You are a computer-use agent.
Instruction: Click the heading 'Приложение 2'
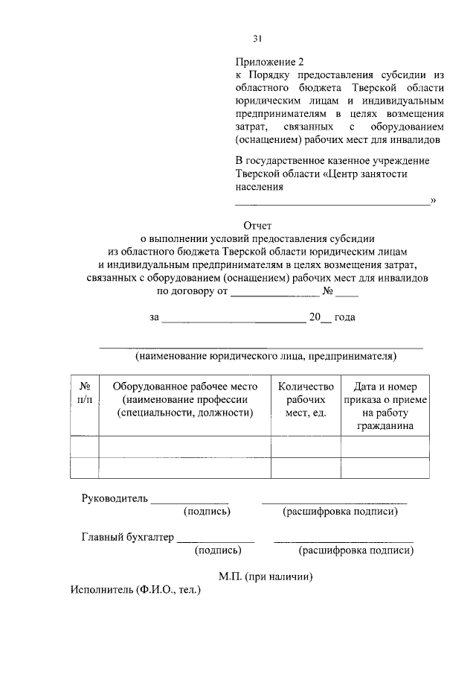click(270, 61)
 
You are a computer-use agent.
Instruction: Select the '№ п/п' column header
click(84, 393)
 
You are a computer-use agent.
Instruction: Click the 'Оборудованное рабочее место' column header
click(184, 399)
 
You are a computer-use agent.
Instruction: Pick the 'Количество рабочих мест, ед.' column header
click(306, 399)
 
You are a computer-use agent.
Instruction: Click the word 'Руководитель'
click(115, 498)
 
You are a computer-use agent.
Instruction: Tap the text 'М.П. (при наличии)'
click(266, 576)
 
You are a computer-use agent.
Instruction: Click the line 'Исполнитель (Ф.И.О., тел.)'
click(136, 588)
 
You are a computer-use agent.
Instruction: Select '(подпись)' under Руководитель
click(207, 512)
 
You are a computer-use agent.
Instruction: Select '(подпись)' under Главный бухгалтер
click(217, 550)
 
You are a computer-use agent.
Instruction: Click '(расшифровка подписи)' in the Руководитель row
click(340, 512)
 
